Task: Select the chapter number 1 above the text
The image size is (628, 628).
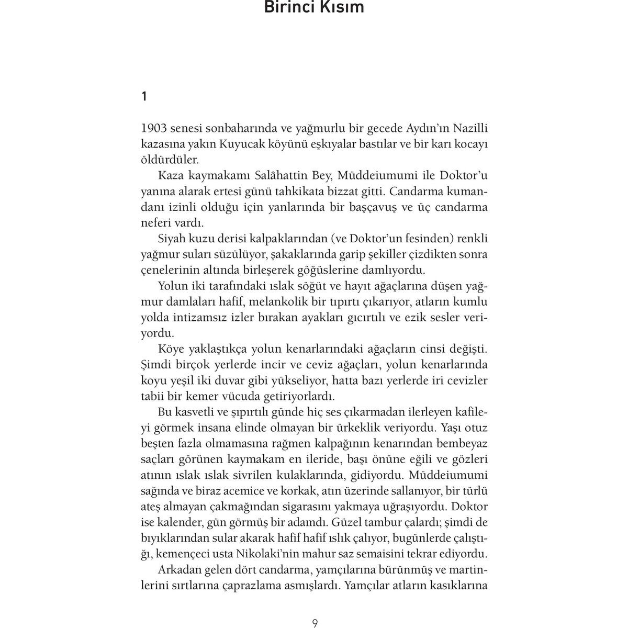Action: coord(144,96)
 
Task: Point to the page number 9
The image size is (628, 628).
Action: coord(315,623)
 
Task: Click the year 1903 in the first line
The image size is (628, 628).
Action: coord(156,129)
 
